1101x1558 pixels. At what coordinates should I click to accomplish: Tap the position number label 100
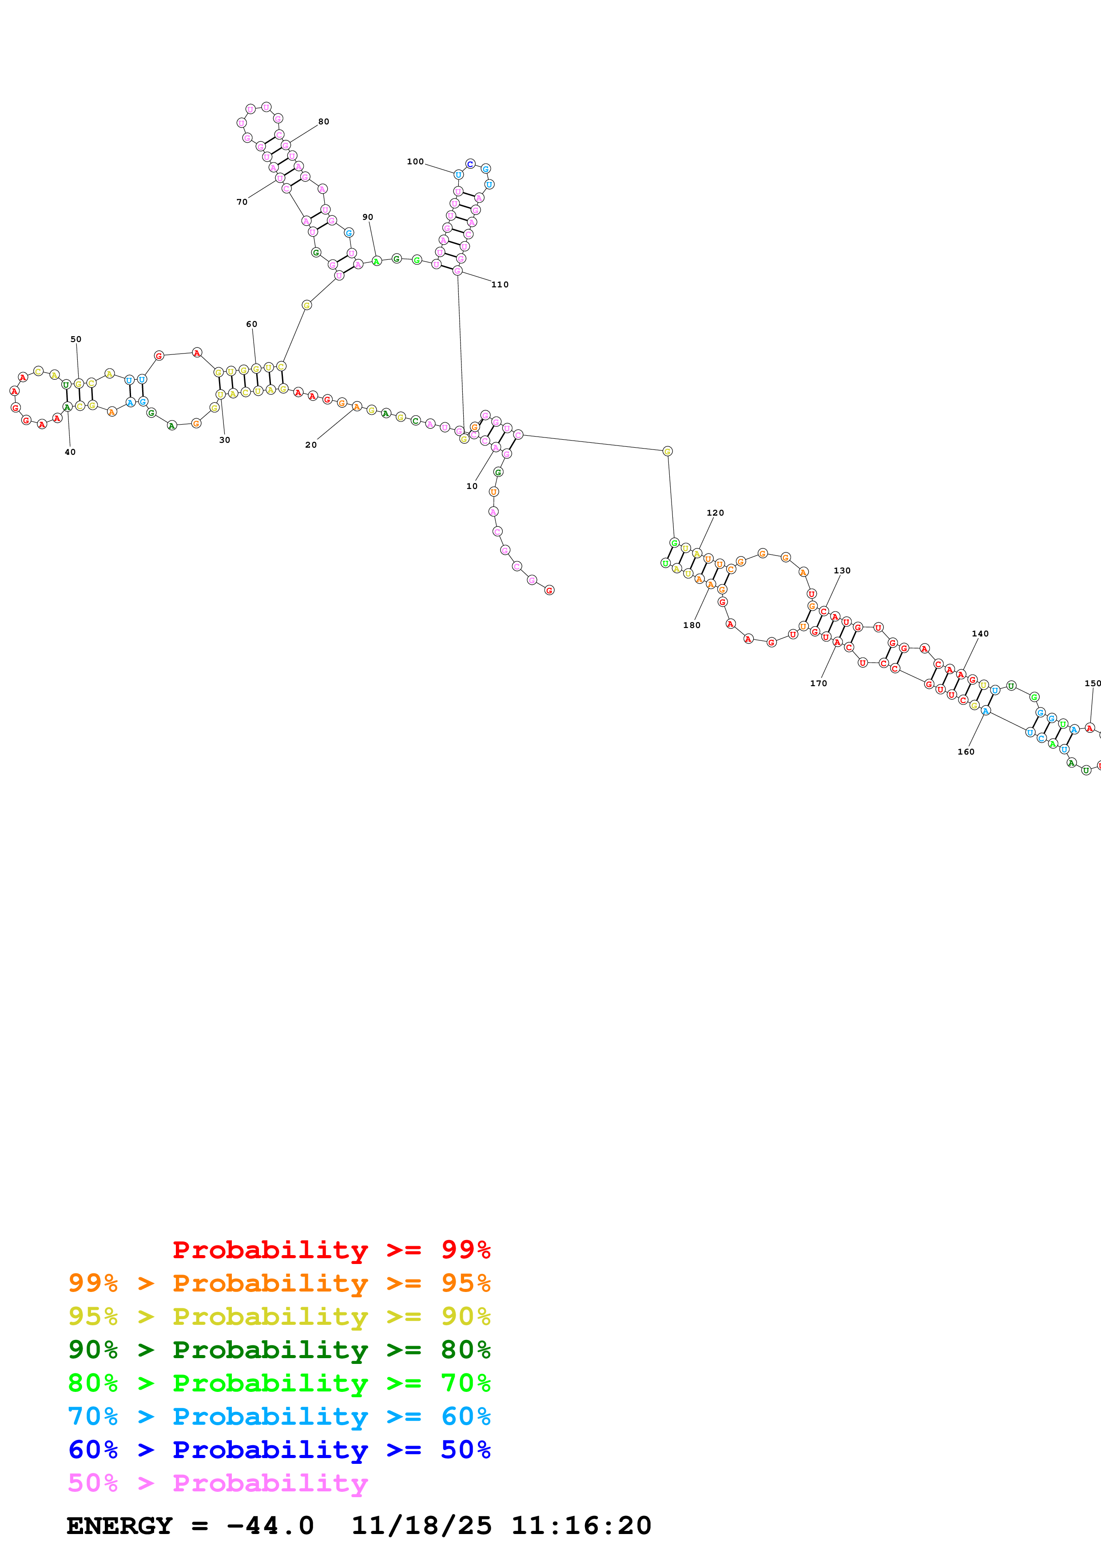click(x=414, y=162)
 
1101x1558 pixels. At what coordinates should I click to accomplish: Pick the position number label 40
click(x=70, y=453)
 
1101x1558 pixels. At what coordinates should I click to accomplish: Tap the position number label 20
click(x=311, y=445)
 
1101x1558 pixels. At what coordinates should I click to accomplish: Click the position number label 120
click(x=715, y=513)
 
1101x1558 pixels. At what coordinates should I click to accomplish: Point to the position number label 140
click(x=980, y=634)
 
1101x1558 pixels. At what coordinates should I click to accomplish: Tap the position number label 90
click(x=368, y=217)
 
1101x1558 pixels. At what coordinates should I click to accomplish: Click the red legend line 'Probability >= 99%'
click(x=331, y=1250)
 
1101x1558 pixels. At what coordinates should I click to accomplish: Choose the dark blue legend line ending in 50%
click(x=279, y=1450)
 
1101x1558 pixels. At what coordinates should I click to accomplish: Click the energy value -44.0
click(x=270, y=1526)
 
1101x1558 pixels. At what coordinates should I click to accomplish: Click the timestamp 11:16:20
click(x=580, y=1526)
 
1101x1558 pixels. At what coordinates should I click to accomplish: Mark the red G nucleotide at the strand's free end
click(x=549, y=590)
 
